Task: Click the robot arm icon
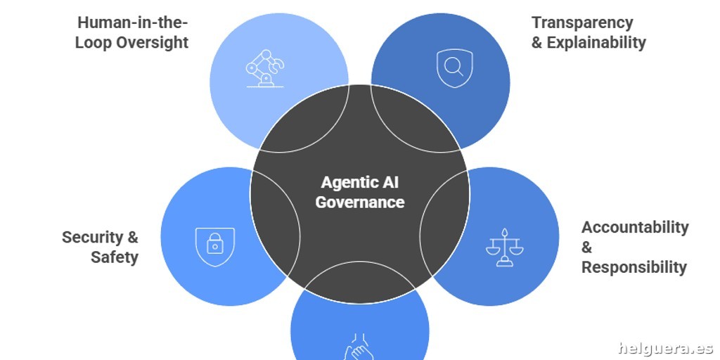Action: click(264, 68)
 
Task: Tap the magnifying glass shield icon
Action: click(454, 67)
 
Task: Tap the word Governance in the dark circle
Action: click(360, 202)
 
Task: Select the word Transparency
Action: click(582, 22)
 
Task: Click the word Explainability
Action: click(596, 42)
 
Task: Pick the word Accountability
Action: click(635, 227)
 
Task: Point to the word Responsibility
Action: click(634, 267)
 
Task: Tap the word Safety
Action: click(115, 257)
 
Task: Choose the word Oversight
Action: click(152, 42)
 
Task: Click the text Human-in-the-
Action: click(133, 22)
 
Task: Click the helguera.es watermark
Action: click(665, 347)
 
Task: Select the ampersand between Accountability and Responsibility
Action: click(586, 247)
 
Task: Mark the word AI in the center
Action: click(390, 183)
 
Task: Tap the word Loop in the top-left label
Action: click(94, 42)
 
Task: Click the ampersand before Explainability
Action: click(536, 42)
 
